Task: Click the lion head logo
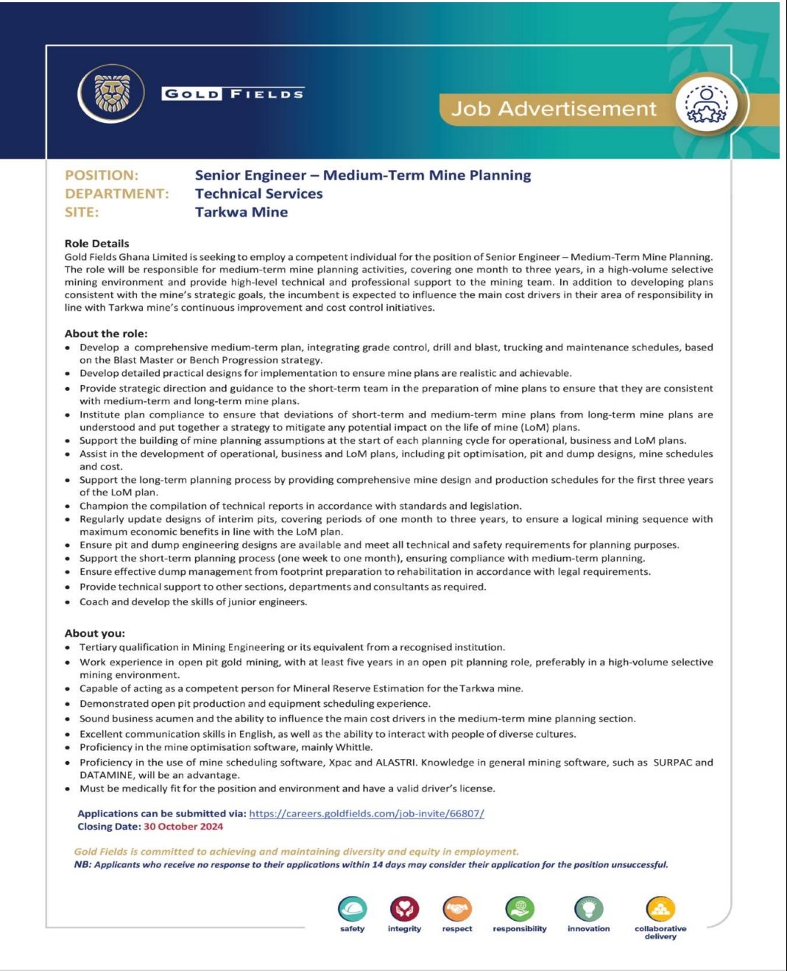coord(112,93)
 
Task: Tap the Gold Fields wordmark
coord(233,93)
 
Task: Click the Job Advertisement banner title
coord(554,109)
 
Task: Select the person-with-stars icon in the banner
coord(706,105)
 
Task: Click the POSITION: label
coord(102,175)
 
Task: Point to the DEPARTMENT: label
coord(116,194)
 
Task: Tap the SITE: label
coord(82,212)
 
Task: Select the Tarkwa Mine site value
coord(241,212)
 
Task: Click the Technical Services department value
coord(258,194)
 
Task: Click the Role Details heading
coord(96,244)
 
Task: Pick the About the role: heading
coord(106,333)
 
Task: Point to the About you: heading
coord(95,633)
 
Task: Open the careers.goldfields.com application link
coord(367,813)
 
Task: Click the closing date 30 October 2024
coord(183,827)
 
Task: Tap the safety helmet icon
coord(353,909)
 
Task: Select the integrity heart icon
coord(404,909)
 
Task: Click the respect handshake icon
coord(457,909)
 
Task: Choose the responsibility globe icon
coord(520,909)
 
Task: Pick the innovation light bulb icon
coord(588,909)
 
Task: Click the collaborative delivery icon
coord(660,909)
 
